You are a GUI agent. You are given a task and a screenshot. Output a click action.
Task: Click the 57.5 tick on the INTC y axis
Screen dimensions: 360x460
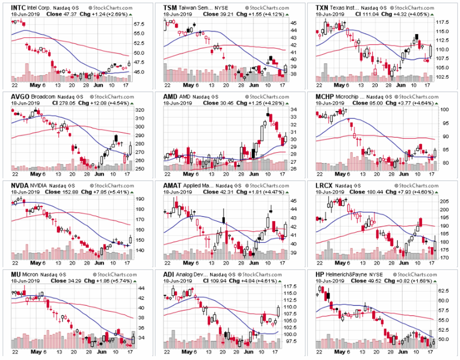tap(139, 23)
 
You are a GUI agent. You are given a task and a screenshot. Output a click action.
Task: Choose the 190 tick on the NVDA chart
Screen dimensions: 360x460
tap(139, 198)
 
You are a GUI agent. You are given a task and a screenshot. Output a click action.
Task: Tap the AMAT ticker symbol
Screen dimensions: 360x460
tap(172, 185)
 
